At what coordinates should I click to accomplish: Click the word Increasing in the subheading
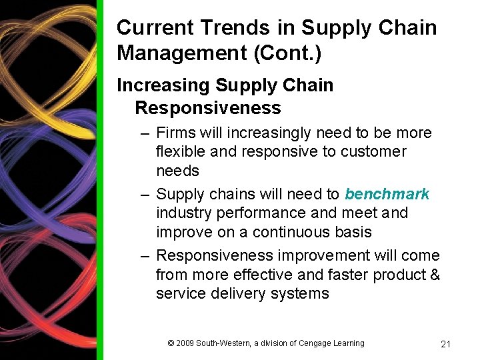pos(163,85)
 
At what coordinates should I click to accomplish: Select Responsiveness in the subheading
pos(207,108)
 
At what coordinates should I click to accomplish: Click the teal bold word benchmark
pos(387,194)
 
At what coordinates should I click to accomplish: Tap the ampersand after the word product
pos(434,275)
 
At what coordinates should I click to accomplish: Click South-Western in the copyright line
pos(223,343)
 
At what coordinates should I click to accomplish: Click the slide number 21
pos(446,344)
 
